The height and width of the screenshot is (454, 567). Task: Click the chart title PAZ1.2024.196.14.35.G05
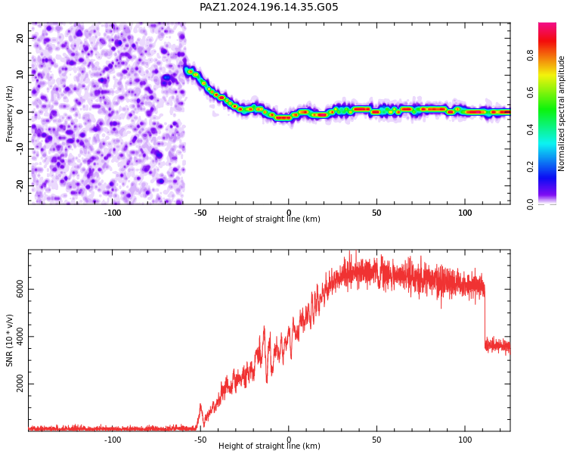(x=268, y=7)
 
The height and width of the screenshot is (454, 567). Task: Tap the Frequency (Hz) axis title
(x=9, y=113)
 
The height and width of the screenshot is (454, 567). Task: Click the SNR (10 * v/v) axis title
(x=9, y=340)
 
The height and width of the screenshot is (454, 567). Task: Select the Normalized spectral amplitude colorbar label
(x=561, y=113)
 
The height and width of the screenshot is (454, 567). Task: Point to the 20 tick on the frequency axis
(x=20, y=38)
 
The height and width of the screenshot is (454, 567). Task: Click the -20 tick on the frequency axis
(x=20, y=185)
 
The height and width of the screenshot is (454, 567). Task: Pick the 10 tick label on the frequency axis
(x=20, y=75)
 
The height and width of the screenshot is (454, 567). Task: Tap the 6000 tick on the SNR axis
(x=20, y=289)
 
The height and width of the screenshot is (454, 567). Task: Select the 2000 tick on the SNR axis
(x=20, y=384)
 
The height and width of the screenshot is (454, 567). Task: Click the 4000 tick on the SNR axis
(x=20, y=337)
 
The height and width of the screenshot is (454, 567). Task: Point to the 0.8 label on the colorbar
(x=530, y=56)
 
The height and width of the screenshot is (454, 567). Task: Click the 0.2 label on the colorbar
(x=530, y=167)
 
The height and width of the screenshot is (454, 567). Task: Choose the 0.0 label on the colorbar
(x=530, y=204)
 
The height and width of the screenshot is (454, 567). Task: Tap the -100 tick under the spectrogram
(x=113, y=213)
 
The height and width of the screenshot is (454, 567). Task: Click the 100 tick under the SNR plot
(x=465, y=440)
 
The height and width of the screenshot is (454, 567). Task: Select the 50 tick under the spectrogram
(x=376, y=213)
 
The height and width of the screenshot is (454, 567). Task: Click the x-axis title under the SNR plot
(x=269, y=446)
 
